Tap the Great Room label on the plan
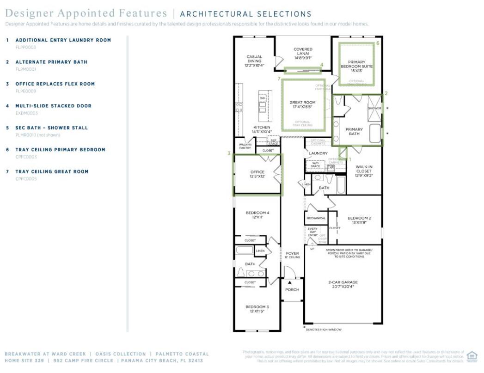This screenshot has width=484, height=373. (302, 104)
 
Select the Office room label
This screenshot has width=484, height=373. (257, 174)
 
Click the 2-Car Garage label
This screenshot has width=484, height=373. (343, 284)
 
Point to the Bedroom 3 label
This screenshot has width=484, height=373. (257, 309)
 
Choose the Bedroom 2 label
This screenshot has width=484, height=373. (359, 220)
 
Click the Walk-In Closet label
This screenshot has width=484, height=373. (364, 171)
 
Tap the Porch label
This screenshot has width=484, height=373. (292, 290)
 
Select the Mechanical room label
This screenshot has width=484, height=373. (316, 218)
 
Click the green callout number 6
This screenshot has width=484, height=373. (378, 43)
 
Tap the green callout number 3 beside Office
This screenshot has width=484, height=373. (229, 153)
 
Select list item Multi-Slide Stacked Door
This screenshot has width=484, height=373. (53, 106)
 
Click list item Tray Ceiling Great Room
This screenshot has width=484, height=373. (52, 171)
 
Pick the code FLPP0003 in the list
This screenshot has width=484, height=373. (26, 47)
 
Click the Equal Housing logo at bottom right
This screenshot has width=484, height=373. (472, 356)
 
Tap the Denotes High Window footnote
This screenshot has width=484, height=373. (323, 330)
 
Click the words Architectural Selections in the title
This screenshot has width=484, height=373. (245, 14)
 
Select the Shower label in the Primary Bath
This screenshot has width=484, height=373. (374, 108)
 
